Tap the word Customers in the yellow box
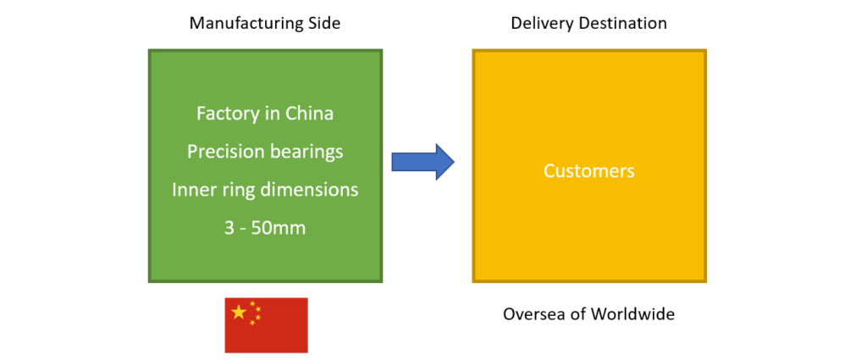click(x=588, y=171)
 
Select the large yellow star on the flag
click(x=239, y=313)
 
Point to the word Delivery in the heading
click(x=538, y=24)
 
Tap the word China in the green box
click(x=310, y=113)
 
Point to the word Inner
click(x=193, y=189)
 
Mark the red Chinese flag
click(x=266, y=324)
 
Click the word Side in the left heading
click(x=323, y=24)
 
